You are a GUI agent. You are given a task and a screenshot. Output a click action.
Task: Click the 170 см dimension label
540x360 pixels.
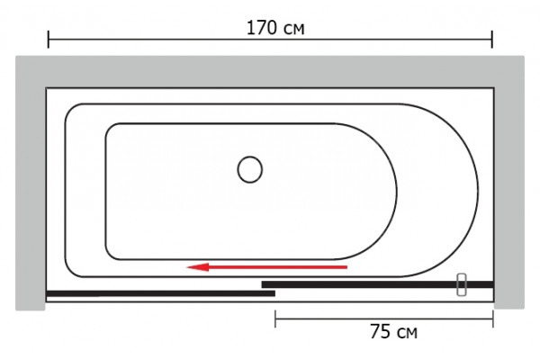(275, 28)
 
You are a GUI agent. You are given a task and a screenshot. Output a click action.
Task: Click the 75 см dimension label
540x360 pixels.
(393, 332)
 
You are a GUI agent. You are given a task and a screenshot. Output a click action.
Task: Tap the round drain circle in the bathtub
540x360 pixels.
(250, 169)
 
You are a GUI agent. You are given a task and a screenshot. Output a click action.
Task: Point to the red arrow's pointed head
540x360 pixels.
(187, 267)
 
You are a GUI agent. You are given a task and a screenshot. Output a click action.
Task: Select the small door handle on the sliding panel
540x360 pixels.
(462, 284)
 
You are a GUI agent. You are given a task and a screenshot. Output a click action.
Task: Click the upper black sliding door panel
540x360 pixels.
(378, 284)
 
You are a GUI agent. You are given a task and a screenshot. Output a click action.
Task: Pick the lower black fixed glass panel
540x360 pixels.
(160, 293)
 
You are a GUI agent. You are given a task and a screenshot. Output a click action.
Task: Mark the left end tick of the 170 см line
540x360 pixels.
(49, 40)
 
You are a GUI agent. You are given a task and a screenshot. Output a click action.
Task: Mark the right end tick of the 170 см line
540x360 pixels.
(492, 40)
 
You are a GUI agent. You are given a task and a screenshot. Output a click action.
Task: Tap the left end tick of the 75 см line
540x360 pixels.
(275, 319)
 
